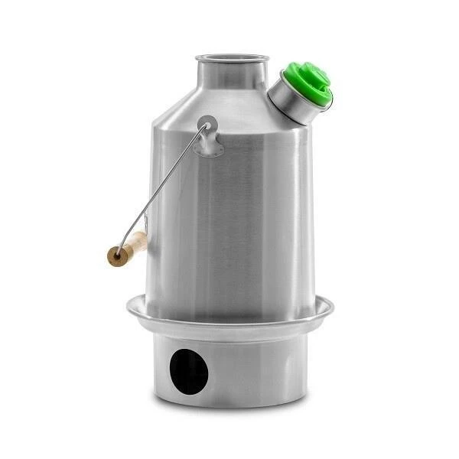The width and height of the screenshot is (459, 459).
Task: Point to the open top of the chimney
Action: tap(228, 57)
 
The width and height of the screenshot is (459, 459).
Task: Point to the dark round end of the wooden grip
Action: tap(115, 256)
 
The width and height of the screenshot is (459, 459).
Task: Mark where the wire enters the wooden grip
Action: tap(142, 237)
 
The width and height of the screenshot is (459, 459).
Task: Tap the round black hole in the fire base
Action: tap(189, 371)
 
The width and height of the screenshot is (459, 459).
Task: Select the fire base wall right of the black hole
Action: tap(260, 367)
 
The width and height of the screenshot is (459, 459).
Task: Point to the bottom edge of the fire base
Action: tap(229, 404)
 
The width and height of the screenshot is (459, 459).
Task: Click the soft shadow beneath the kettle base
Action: tap(229, 413)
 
